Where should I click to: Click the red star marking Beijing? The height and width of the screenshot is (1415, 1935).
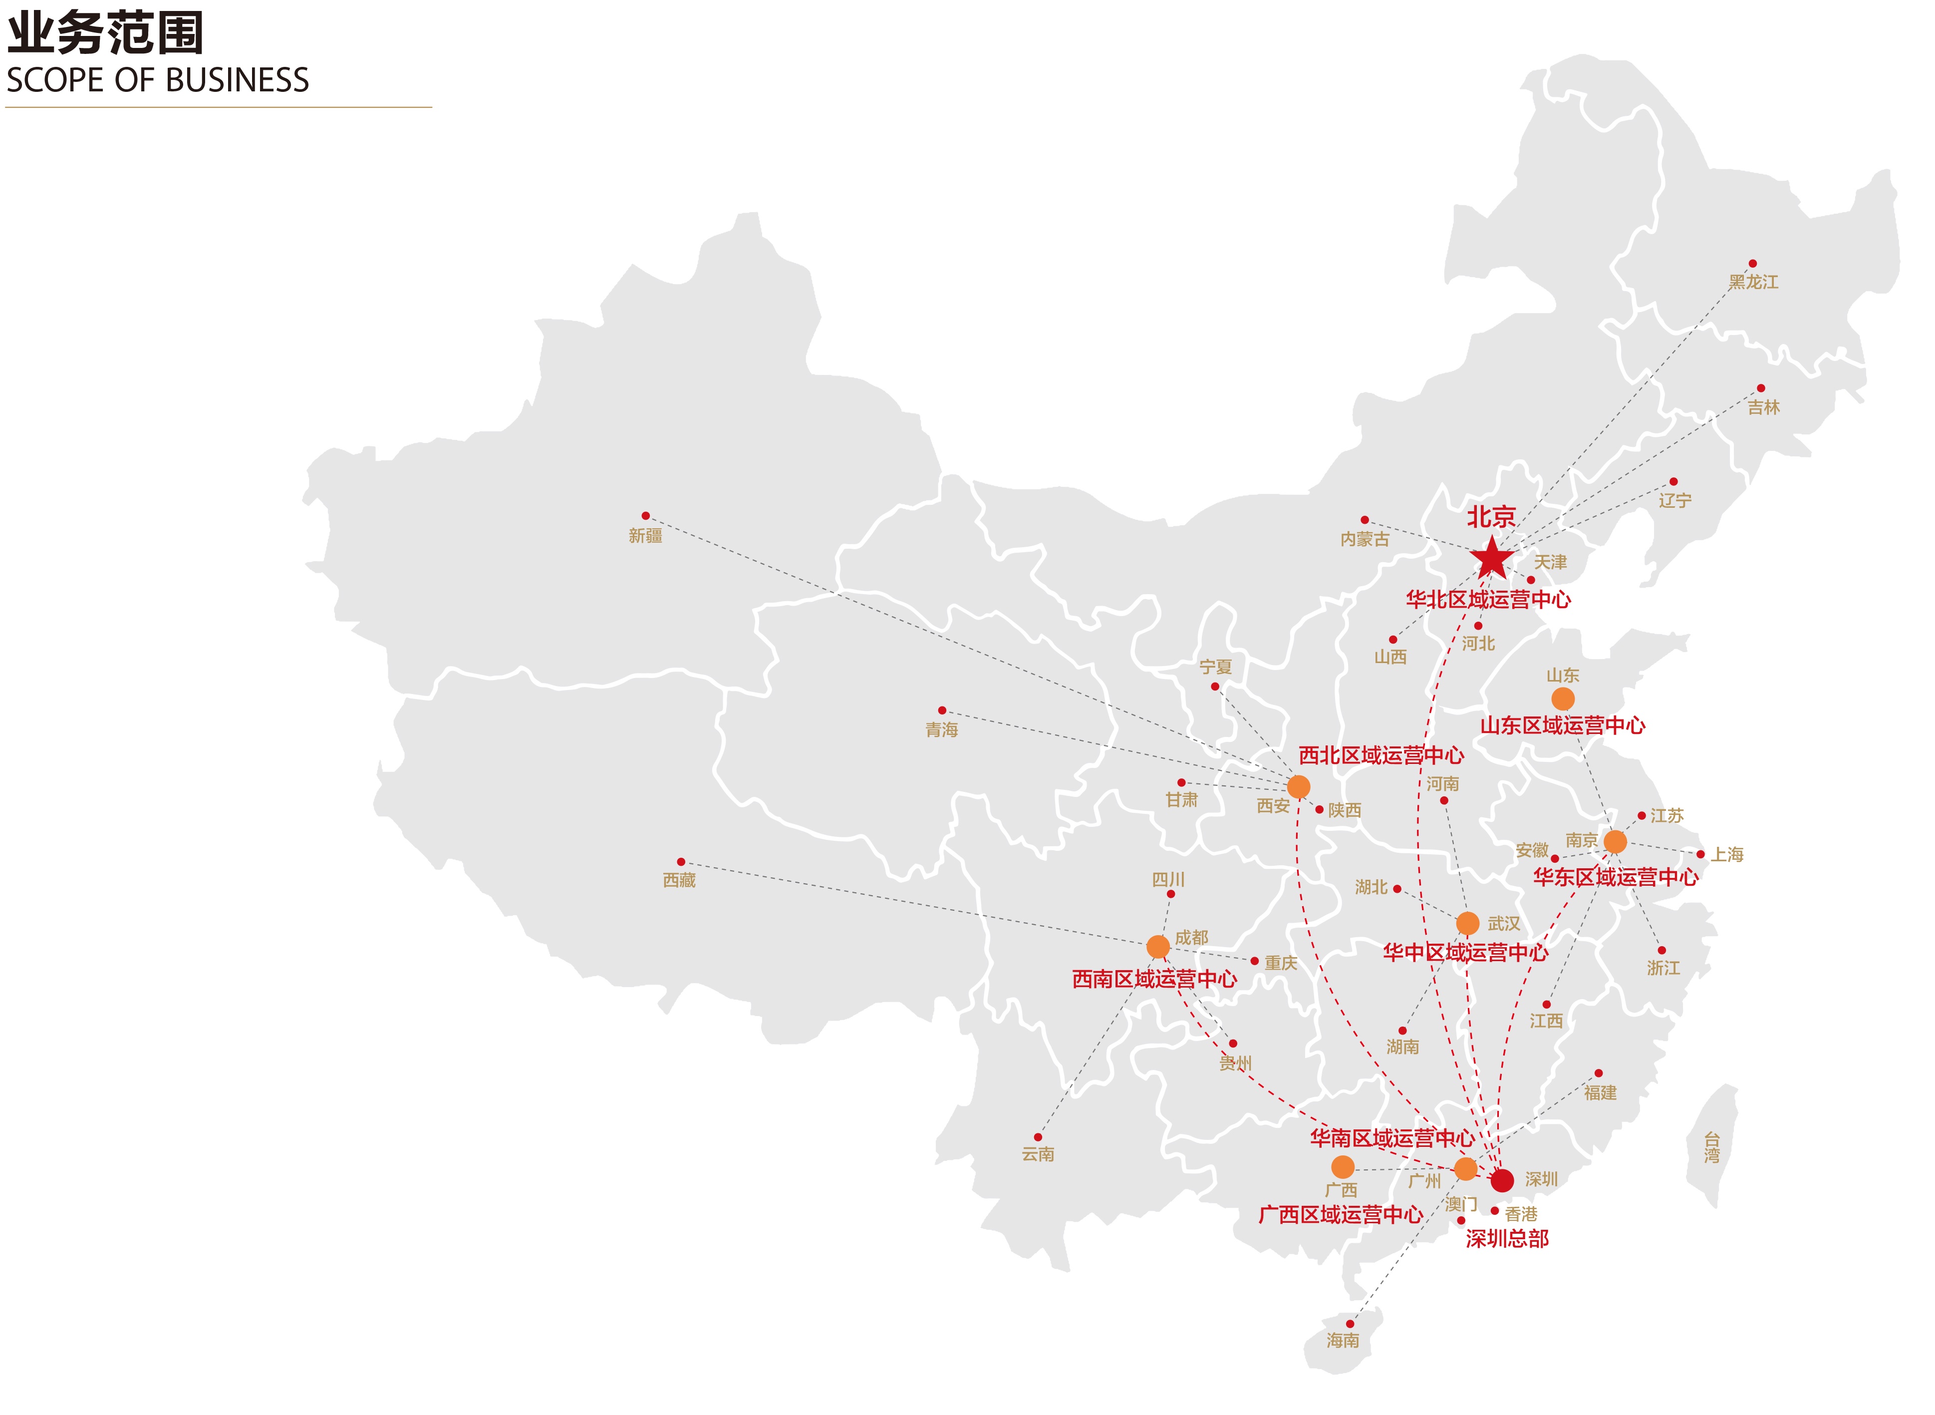coord(1491,559)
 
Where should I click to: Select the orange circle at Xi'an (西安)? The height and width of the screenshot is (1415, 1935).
coord(1298,786)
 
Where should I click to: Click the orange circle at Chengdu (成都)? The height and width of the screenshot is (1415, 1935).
coord(1157,947)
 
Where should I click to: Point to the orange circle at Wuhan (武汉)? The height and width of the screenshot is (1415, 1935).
coord(1467,923)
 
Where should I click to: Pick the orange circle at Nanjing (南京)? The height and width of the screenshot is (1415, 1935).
coord(1615,841)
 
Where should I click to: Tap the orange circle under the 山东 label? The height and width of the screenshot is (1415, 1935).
coord(1563,699)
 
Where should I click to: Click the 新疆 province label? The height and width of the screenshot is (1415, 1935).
coord(645,536)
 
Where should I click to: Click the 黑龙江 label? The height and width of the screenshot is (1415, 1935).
coord(1753,282)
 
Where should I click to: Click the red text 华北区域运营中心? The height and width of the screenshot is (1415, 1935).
coord(1488,600)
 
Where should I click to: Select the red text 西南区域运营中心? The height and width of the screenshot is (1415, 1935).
coord(1154,979)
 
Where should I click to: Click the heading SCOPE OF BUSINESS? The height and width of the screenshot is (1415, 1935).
coord(158,80)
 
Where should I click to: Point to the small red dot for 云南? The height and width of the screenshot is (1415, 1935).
coord(1038,1137)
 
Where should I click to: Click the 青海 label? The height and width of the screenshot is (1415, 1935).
coord(942,730)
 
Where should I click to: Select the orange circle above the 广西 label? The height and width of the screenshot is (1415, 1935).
coord(1343,1167)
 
